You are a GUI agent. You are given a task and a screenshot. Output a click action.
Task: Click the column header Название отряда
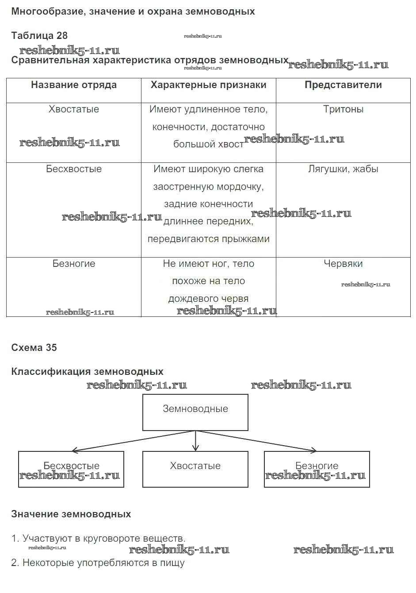74,85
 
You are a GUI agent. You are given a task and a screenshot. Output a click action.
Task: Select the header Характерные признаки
208,85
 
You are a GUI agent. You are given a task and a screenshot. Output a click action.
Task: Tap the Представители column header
343,85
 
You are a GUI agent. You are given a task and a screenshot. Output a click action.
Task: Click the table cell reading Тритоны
343,109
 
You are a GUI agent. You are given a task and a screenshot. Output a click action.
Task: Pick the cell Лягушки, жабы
343,169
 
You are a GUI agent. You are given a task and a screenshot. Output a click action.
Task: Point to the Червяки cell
343,264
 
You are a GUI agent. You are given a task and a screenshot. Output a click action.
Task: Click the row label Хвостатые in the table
74,109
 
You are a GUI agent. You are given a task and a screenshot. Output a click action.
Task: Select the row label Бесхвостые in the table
74,169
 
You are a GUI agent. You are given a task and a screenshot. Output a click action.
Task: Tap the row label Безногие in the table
74,264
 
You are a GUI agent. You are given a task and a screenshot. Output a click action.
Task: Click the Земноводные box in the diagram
195,412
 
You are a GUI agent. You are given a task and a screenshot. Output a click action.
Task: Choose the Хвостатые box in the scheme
195,469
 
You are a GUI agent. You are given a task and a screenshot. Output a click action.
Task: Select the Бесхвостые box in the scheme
71,469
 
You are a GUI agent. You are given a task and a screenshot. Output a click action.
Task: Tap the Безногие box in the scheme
317,469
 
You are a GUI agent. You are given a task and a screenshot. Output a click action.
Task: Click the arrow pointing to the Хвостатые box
195,443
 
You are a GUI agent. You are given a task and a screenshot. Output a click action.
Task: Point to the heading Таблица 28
39,36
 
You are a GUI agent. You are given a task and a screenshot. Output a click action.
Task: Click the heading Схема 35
34,348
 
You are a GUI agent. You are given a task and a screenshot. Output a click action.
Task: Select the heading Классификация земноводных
87,372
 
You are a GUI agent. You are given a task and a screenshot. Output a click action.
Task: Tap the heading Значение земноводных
71,514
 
